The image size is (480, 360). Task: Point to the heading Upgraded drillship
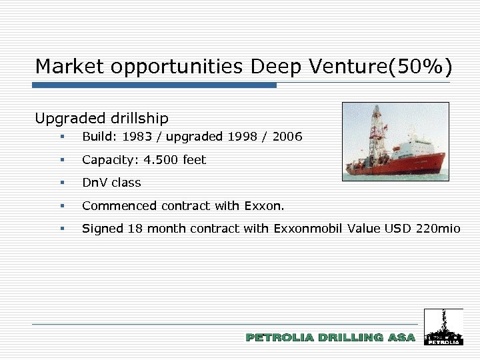pos(101,119)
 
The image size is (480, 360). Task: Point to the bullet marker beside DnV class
pos(61,182)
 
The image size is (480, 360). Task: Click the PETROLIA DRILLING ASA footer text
pos(330,338)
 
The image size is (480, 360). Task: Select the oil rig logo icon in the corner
pos(443,327)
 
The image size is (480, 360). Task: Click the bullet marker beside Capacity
pos(61,159)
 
